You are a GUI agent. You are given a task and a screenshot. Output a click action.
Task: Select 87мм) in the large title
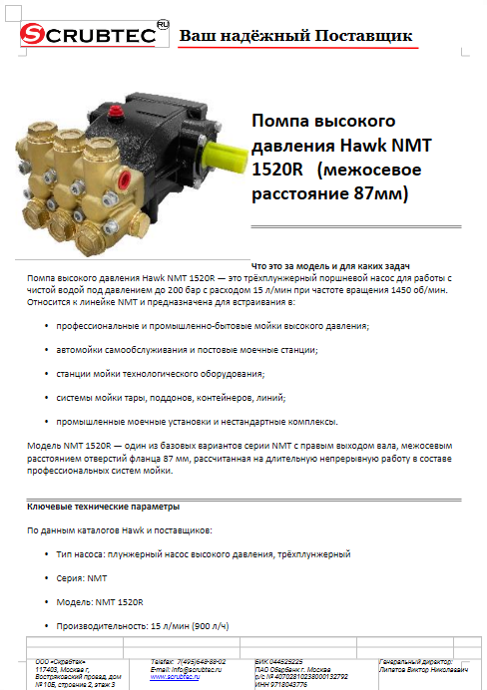(375, 192)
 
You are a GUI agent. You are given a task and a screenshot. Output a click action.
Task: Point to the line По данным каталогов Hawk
(120, 530)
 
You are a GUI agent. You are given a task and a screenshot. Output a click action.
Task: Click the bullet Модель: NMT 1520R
(101, 602)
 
